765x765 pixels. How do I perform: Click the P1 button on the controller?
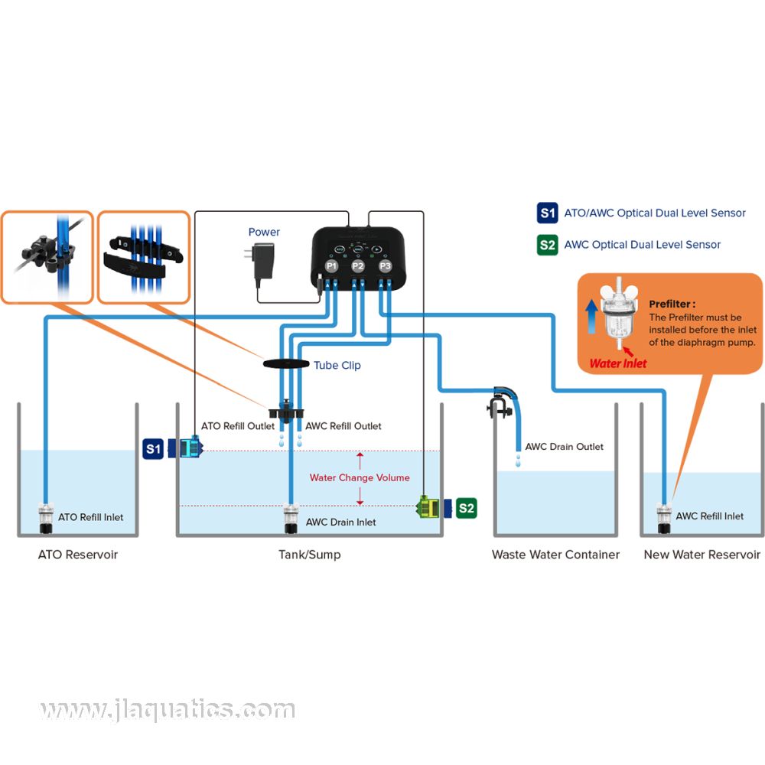click(331, 266)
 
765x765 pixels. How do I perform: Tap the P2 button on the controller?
click(357, 266)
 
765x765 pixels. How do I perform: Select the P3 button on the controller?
click(384, 266)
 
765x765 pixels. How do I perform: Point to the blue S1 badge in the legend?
click(547, 213)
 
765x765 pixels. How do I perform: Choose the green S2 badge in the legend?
click(547, 245)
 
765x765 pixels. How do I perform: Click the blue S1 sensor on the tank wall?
click(188, 448)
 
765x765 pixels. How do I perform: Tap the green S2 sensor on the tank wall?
click(429, 506)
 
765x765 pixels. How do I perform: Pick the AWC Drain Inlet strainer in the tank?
click(291, 519)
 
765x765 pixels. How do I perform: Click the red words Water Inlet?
click(617, 363)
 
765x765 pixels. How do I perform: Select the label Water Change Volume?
click(359, 477)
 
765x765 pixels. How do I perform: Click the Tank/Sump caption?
click(309, 555)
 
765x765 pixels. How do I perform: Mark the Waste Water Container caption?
click(555, 555)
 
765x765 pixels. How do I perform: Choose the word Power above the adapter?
click(264, 232)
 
